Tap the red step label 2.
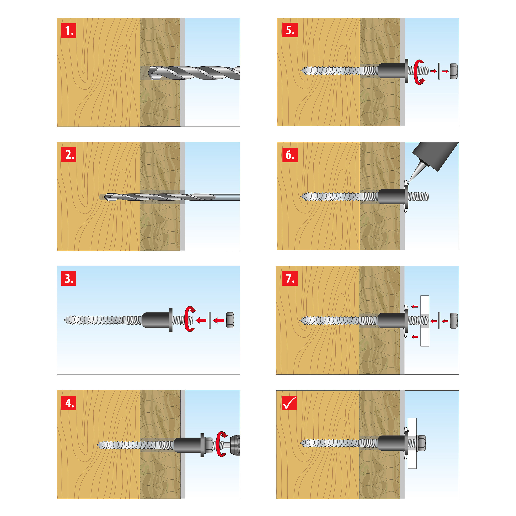coord(69,155)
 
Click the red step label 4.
coord(69,403)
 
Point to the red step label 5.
coord(290,30)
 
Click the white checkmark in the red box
coord(289,403)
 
